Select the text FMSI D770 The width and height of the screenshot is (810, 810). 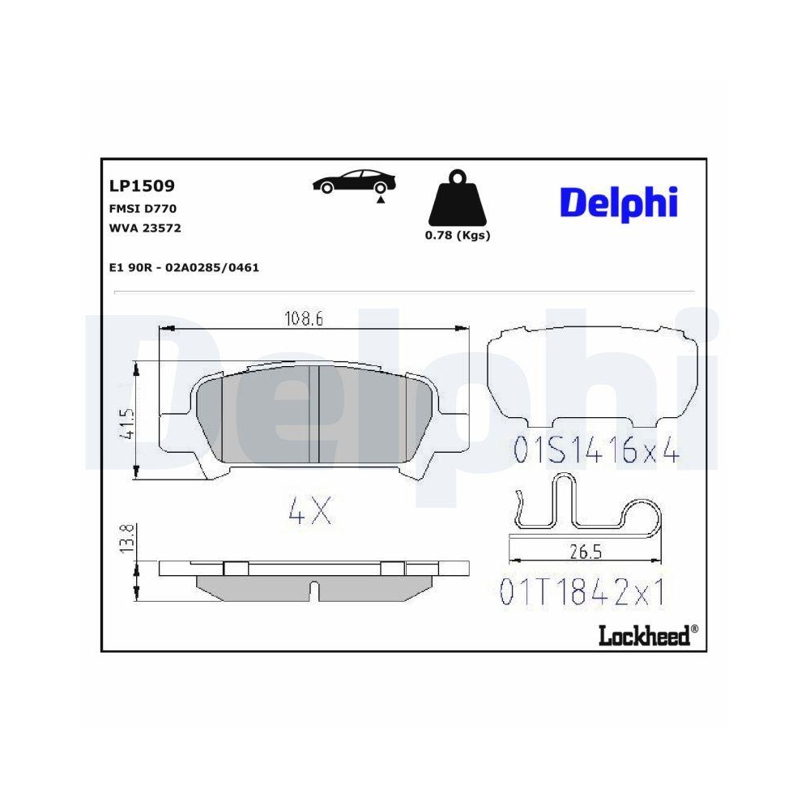[x=143, y=208]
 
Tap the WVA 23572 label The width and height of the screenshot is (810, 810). [x=144, y=228]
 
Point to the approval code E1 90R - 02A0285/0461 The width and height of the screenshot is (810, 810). [x=183, y=267]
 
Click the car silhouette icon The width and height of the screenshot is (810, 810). [x=354, y=182]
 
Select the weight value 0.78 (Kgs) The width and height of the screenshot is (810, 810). [x=458, y=236]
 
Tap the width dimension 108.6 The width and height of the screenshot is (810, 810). [x=303, y=319]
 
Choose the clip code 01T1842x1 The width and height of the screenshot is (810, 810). [x=582, y=594]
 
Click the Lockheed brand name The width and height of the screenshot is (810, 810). [x=644, y=635]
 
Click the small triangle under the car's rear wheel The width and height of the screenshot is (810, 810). [x=379, y=198]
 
